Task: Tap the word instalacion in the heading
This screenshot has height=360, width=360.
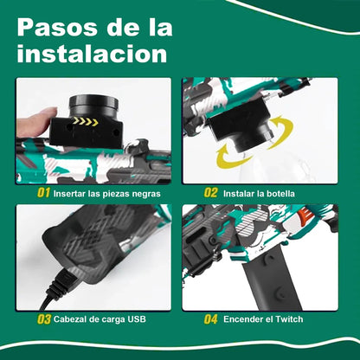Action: [91, 55]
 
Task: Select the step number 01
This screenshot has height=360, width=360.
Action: [42, 193]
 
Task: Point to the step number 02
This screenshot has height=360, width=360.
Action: [210, 193]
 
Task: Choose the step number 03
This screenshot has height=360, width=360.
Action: [42, 319]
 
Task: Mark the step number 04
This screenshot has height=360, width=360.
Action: [210, 319]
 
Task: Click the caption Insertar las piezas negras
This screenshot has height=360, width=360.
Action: [106, 194]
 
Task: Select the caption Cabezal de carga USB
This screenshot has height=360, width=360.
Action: [100, 320]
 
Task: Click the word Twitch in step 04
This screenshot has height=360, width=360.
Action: [286, 320]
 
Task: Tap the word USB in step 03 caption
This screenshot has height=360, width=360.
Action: [137, 320]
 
